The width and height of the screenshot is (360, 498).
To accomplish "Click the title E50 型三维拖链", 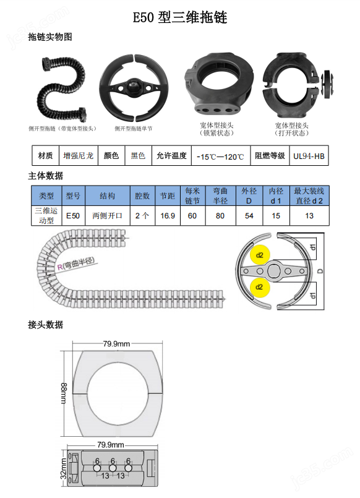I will pos(180,18).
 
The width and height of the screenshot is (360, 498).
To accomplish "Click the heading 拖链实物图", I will pos(50,37).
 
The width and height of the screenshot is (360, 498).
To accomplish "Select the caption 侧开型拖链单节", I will pos(133,129).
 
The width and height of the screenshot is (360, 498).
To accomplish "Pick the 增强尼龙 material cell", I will pos(79,156).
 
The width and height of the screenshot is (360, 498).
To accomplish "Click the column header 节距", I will pos(167,196).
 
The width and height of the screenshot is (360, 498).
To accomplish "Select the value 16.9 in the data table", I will pos(167,216).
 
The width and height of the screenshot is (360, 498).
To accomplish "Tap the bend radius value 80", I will pos(220,216).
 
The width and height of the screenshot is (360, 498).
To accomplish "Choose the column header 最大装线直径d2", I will pos(309,196).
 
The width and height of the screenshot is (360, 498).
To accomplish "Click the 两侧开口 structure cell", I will pos(107,216).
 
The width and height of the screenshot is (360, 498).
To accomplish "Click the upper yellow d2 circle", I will pos(259,255).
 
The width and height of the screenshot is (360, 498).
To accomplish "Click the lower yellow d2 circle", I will pos(259,286).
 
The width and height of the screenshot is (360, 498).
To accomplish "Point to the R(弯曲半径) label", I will pos(77,264).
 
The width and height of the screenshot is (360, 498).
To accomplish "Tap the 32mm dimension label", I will pos(64,468).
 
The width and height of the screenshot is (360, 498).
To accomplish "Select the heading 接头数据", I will pos(46,325).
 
